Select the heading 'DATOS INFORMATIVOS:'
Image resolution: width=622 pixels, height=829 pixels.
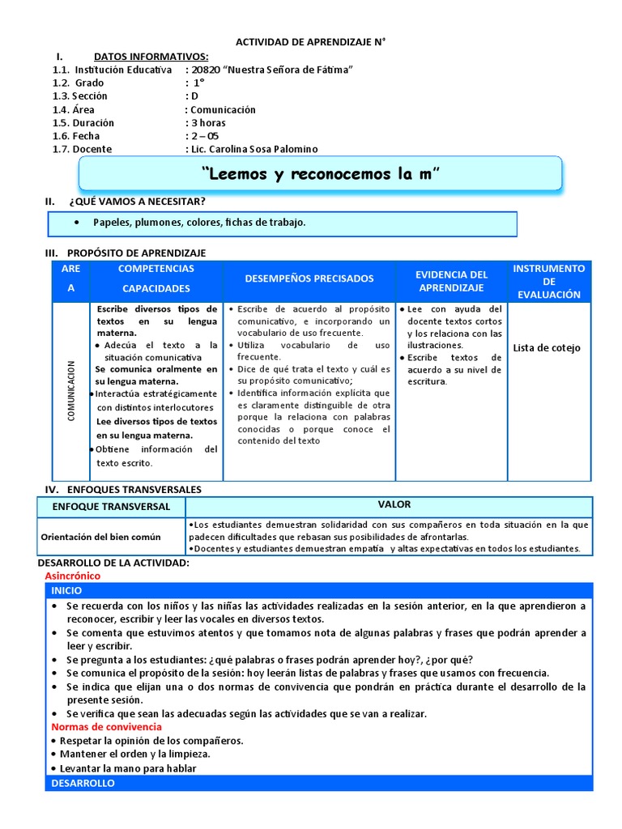151,57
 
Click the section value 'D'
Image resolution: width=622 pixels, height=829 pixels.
193,96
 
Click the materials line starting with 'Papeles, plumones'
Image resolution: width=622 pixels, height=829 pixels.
199,223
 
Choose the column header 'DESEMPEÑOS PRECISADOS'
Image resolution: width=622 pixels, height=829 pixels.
309,278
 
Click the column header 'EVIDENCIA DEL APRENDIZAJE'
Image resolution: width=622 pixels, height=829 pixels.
451,281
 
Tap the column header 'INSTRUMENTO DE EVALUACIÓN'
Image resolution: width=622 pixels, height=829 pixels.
548,281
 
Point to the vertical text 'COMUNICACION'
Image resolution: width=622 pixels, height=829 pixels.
71,391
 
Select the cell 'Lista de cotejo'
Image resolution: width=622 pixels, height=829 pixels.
546,348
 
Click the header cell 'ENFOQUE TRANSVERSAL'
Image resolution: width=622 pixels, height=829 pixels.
111,507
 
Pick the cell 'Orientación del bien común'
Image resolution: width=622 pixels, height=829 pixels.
101,537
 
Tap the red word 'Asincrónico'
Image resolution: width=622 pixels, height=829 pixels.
72,576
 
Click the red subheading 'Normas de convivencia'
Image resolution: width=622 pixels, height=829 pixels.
106,727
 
